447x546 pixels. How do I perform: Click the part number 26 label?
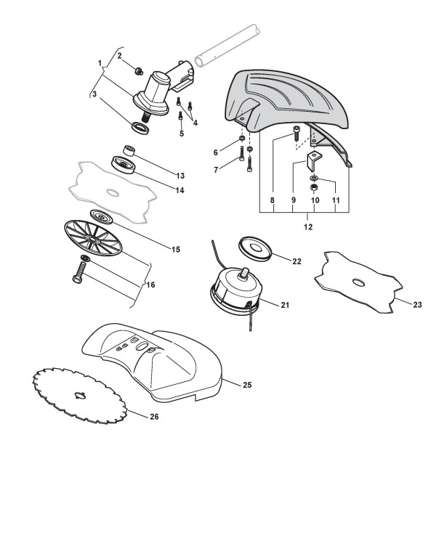[154, 417]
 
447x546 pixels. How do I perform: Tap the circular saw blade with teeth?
[80, 396]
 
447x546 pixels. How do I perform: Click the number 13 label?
[180, 176]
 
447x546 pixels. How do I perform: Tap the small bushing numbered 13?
[131, 150]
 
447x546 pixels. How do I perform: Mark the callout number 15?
[175, 250]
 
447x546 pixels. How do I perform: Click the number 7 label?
[215, 170]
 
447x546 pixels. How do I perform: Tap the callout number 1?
[100, 63]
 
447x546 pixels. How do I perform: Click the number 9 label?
[293, 199]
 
